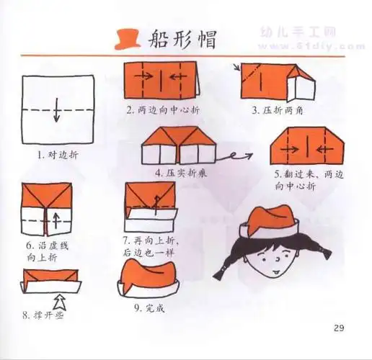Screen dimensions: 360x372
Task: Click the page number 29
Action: coord(340,330)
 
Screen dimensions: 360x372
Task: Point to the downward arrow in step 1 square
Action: coord(58,112)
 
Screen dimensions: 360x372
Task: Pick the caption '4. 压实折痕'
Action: coord(181,174)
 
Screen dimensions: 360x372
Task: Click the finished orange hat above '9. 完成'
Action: coord(150,276)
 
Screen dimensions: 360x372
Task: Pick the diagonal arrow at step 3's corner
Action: coord(236,68)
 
